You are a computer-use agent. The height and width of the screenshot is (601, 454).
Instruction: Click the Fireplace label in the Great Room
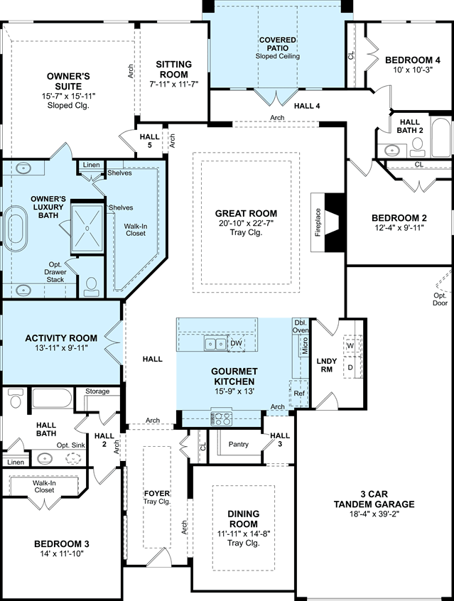click(x=318, y=222)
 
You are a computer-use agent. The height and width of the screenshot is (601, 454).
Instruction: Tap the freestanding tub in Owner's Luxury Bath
click(x=16, y=229)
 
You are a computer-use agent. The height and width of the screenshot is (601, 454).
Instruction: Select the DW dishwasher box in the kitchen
click(x=237, y=343)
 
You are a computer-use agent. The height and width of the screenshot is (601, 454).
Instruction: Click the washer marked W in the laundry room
click(x=350, y=346)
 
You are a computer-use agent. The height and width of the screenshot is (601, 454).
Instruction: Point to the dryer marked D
click(x=350, y=367)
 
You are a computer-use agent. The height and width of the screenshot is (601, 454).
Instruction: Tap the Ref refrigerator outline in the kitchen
click(x=299, y=394)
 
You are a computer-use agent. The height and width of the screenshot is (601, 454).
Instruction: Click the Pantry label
click(x=239, y=444)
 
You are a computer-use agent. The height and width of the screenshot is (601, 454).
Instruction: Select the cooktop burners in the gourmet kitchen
click(x=221, y=418)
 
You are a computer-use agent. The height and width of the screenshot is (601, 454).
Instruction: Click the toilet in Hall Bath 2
click(x=417, y=147)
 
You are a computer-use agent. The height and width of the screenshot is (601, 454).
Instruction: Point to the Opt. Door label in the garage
click(x=441, y=299)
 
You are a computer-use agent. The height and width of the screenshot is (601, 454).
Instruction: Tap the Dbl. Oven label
click(x=301, y=326)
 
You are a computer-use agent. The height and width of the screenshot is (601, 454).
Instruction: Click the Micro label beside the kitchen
click(x=305, y=346)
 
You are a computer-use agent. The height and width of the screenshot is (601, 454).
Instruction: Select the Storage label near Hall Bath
click(x=97, y=391)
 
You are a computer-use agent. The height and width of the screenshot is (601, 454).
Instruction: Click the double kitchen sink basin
click(x=215, y=343)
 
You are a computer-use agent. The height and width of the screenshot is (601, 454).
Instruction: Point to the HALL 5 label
click(x=149, y=141)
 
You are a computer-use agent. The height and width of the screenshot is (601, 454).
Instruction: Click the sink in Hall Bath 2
click(x=392, y=150)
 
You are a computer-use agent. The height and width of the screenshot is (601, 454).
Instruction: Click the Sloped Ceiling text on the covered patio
click(x=278, y=56)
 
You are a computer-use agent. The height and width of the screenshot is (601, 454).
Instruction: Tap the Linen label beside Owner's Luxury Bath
click(x=91, y=165)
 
